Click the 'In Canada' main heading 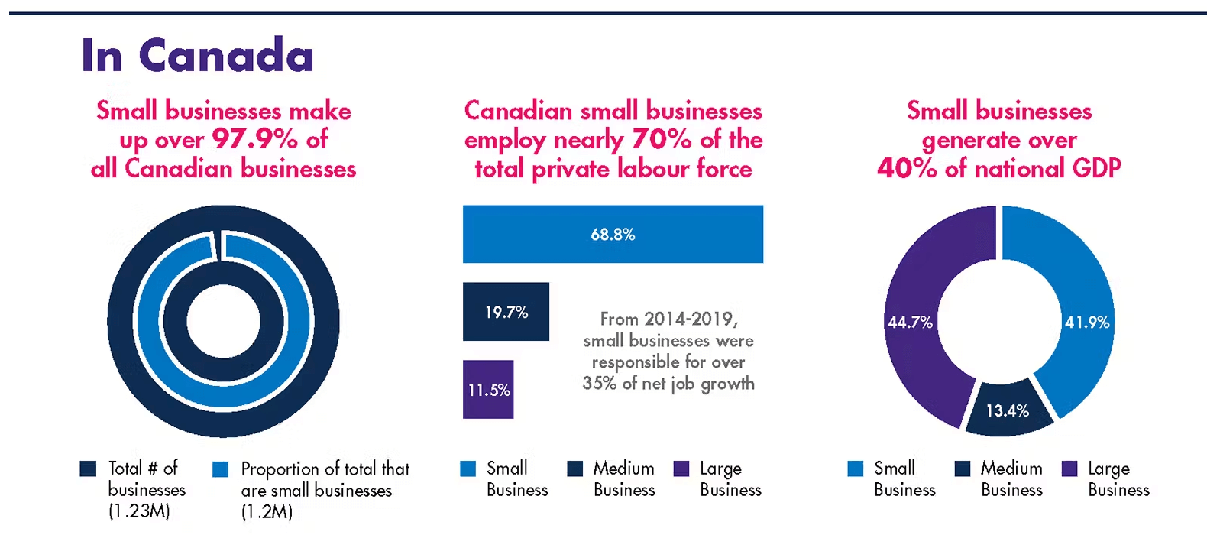(197, 55)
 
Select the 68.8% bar (613, 234)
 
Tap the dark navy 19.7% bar (506, 312)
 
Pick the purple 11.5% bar (488, 390)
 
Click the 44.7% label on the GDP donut (910, 323)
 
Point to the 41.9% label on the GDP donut (1086, 323)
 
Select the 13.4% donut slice (1007, 411)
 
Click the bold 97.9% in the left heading (254, 139)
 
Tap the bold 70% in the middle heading (661, 139)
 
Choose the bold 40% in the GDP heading (907, 168)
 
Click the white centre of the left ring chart (223, 322)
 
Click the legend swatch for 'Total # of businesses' (89, 469)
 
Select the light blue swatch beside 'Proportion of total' (221, 469)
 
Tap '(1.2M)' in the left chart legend (267, 511)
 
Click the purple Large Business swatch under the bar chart (681, 469)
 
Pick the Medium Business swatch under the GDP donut (963, 469)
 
